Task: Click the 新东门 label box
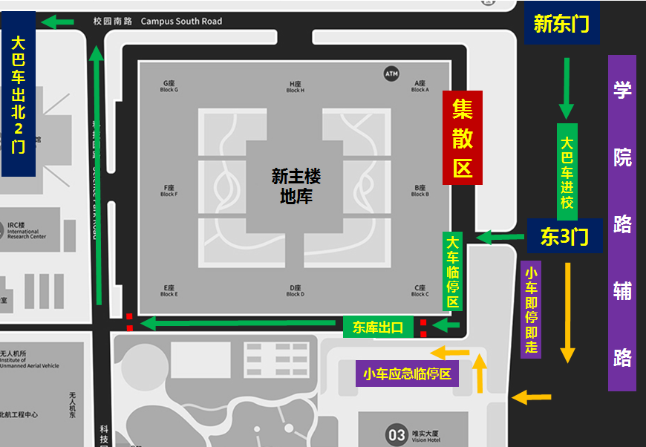pyautogui.click(x=561, y=25)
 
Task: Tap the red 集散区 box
pyautogui.click(x=462, y=138)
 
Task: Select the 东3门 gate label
pyautogui.click(x=564, y=236)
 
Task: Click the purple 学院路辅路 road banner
pyautogui.click(x=621, y=223)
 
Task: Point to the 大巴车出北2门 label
pyautogui.click(x=19, y=94)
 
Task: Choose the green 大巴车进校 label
pyautogui.click(x=567, y=172)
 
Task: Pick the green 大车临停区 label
pyautogui.click(x=452, y=271)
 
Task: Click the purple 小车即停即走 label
pyautogui.click(x=531, y=310)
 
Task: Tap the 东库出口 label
pyautogui.click(x=378, y=327)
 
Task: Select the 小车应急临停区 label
pyautogui.click(x=407, y=373)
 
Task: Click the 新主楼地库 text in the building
pyautogui.click(x=296, y=186)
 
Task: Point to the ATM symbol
pyautogui.click(x=391, y=74)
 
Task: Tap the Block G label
pyautogui.click(x=169, y=86)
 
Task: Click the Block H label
pyautogui.click(x=295, y=86)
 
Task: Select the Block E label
pyautogui.click(x=169, y=290)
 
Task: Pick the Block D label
pyautogui.click(x=295, y=290)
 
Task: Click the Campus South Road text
pyautogui.click(x=181, y=22)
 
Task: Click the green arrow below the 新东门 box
pyautogui.click(x=567, y=88)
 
